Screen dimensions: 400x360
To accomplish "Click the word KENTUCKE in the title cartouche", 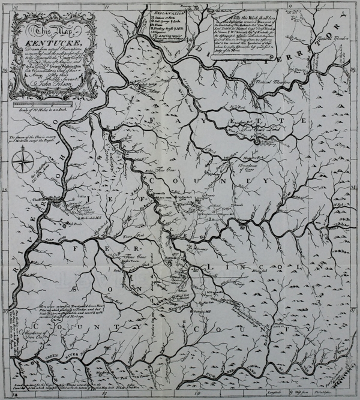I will point(43,46).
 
